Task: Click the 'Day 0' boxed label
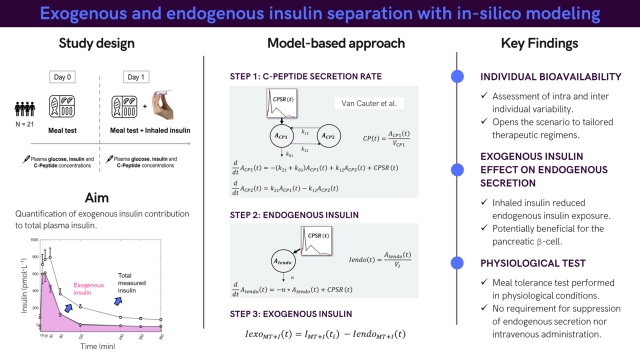(62, 77)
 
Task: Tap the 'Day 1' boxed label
(136, 77)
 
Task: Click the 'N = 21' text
(24, 124)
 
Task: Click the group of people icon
(24, 107)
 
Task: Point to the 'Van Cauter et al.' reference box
(368, 103)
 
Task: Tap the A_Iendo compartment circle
(282, 260)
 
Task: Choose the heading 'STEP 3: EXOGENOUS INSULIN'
(291, 314)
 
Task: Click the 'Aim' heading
(96, 197)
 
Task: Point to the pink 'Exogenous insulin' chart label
(88, 288)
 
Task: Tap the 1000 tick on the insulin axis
(33, 240)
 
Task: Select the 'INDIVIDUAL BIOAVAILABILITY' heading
(550, 77)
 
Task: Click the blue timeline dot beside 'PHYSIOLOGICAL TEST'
(457, 263)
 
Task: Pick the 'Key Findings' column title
(539, 43)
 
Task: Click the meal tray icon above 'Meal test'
(62, 106)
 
